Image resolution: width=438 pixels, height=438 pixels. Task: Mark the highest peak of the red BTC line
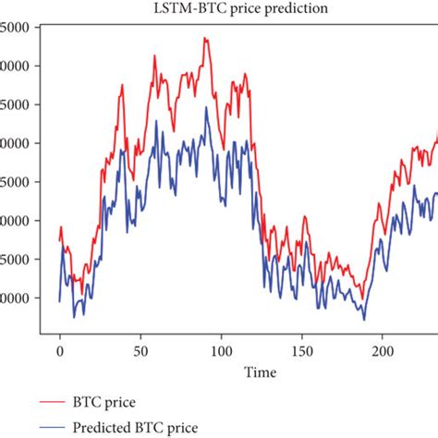[x=204, y=38]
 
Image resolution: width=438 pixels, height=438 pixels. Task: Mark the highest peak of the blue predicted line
[x=207, y=107]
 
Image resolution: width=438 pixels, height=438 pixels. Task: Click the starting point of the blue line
[x=59, y=301]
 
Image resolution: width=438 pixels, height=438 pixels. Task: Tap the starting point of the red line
[x=59, y=242]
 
